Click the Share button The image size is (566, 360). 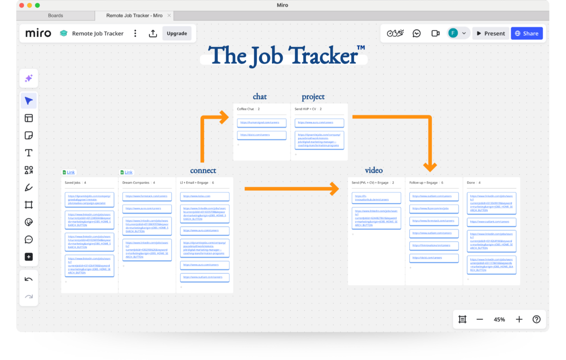[527, 33]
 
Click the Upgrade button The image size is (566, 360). [177, 33]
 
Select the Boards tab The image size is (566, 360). [55, 16]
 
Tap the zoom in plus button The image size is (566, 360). [519, 320]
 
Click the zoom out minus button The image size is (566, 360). [479, 320]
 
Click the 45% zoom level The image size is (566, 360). [499, 320]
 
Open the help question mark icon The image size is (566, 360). [536, 320]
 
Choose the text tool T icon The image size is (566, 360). [29, 153]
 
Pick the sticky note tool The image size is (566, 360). [29, 136]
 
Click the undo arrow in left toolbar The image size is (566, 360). [29, 279]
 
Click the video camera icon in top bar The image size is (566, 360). [435, 33]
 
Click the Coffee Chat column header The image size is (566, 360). [246, 109]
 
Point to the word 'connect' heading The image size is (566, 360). [203, 171]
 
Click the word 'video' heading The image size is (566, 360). [374, 170]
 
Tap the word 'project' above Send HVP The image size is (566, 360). [313, 97]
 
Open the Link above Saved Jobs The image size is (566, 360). [71, 172]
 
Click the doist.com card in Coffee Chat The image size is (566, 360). [261, 135]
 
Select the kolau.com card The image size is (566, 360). [205, 196]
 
